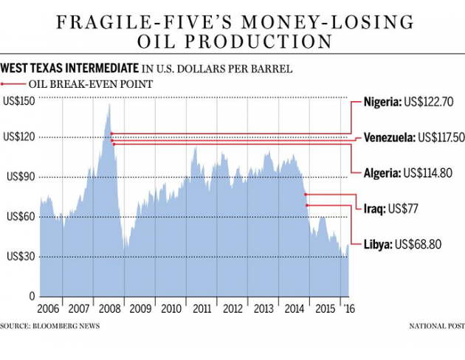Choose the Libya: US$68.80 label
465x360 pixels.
tap(402, 243)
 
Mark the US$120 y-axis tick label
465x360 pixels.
tap(20, 137)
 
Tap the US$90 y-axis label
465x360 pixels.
tap(22, 177)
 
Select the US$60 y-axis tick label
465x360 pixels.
tap(22, 217)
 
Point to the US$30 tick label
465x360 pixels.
tap(22, 257)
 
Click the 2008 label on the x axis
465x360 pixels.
tap(109, 308)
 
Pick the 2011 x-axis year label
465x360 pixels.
tap(201, 308)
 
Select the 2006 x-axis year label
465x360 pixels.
tap(49, 308)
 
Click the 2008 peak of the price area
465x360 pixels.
tap(109, 105)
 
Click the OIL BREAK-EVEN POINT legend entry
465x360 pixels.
tap(82, 85)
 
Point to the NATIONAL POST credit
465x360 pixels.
tap(437, 325)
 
